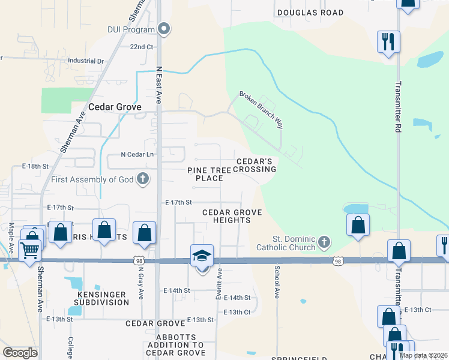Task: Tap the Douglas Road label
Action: pos(310,13)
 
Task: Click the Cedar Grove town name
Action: pos(115,107)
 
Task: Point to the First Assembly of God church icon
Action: pos(142,179)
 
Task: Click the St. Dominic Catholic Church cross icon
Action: pos(324,242)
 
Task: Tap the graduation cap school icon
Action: pos(202,256)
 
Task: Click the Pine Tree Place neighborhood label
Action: pos(209,174)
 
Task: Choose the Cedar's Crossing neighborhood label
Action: pos(256,166)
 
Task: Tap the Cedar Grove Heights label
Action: pos(226,216)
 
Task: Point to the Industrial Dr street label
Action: pos(86,61)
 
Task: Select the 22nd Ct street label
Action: pos(142,46)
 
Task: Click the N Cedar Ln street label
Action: pos(137,154)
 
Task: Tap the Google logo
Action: pos(20,353)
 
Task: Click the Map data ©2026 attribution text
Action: pos(423,355)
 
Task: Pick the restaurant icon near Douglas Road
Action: pos(388,42)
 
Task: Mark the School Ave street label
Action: pos(277,283)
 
